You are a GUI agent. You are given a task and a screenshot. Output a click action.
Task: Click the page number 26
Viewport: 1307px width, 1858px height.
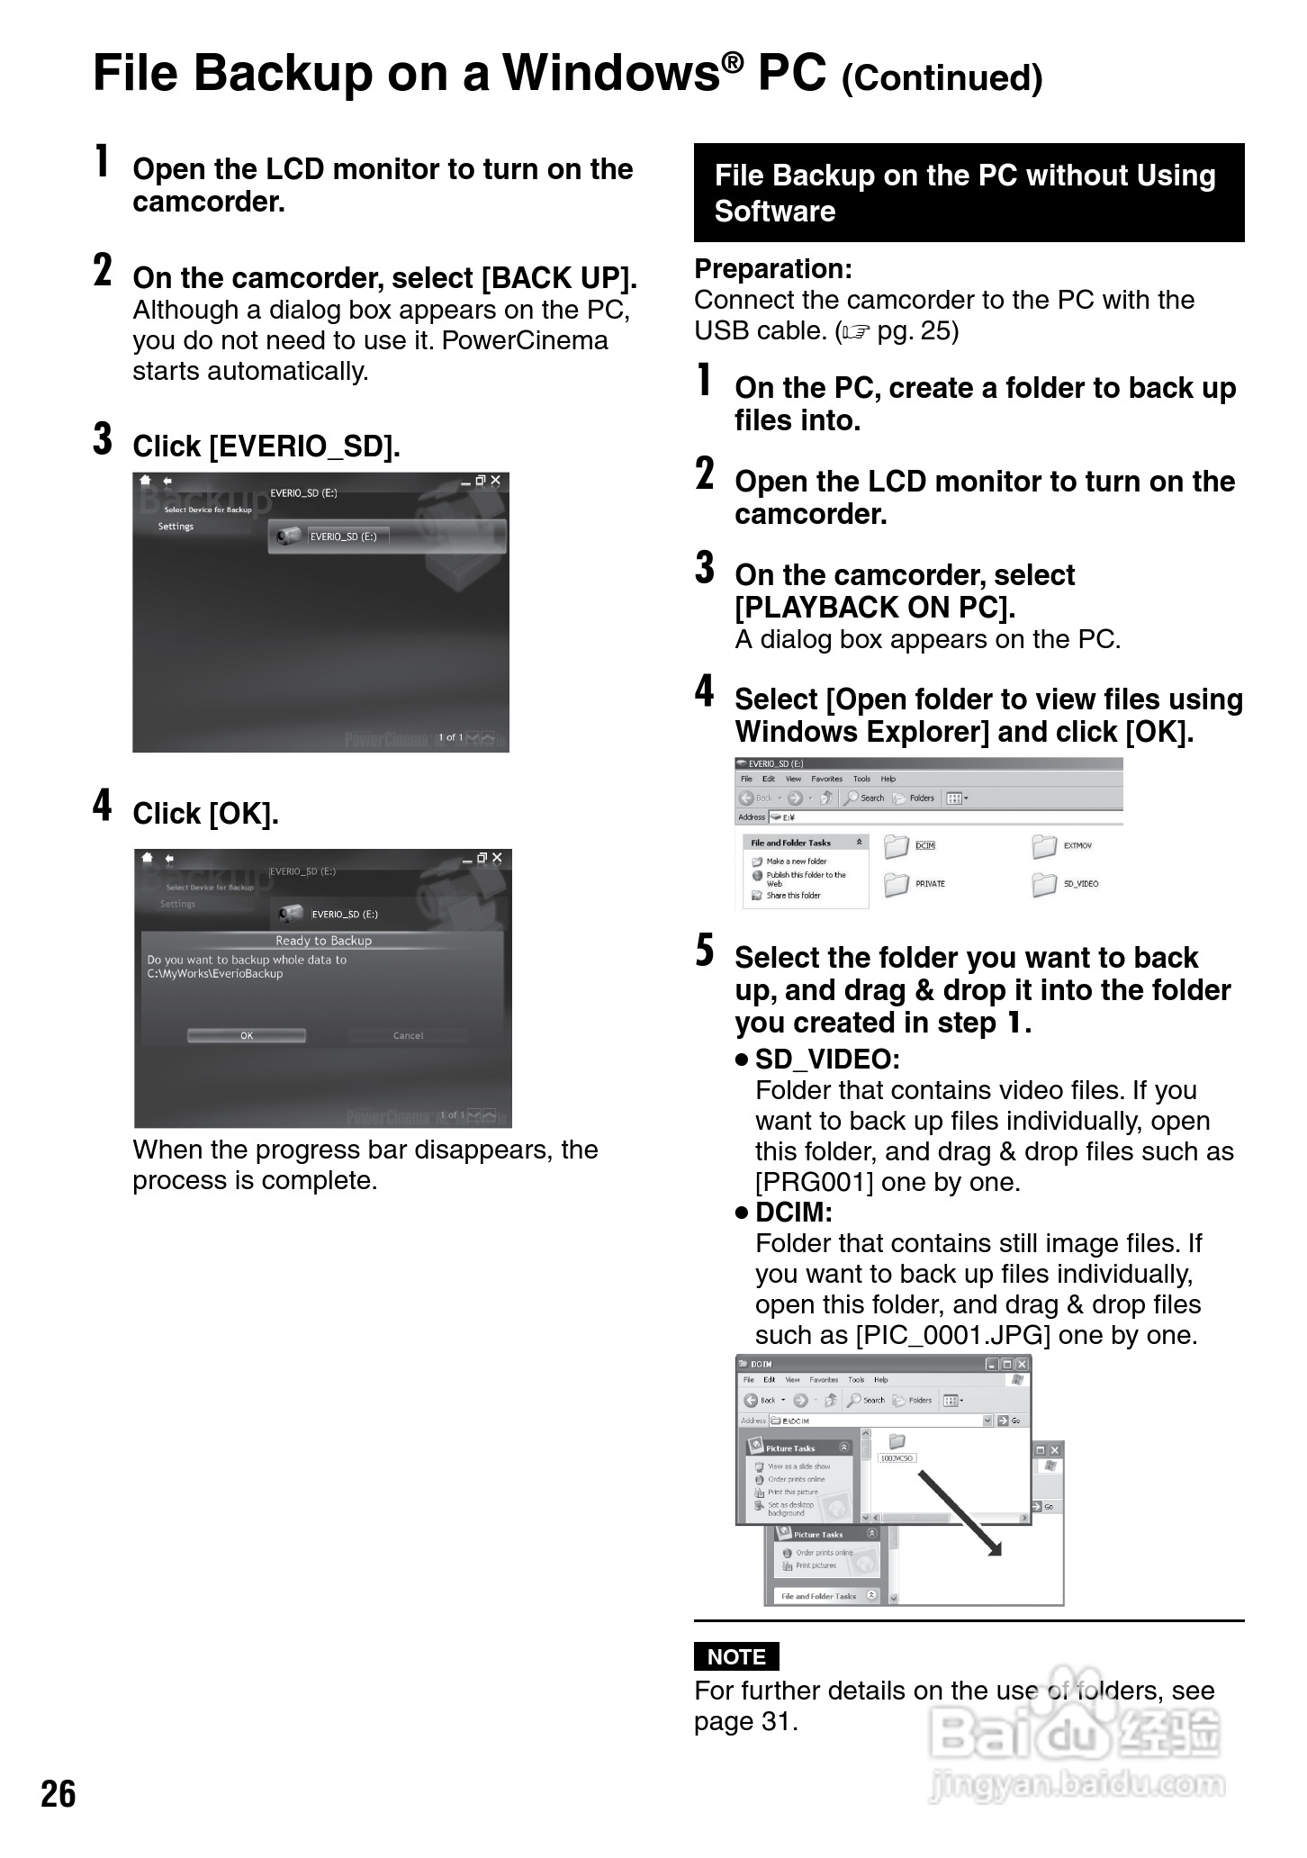point(59,1794)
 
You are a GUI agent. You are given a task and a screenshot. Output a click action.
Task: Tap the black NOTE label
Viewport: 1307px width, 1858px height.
point(736,1656)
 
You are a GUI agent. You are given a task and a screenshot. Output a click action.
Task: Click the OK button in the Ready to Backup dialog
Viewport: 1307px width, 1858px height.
point(247,1035)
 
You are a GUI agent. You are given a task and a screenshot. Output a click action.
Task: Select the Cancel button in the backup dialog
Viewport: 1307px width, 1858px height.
point(408,1035)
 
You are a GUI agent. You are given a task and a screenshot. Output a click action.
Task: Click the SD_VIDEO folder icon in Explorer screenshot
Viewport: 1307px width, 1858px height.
point(1045,884)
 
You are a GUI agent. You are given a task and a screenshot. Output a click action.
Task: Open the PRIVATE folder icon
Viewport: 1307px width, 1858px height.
point(897,884)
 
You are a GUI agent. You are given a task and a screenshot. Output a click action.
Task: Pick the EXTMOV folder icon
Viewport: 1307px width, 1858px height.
point(1045,846)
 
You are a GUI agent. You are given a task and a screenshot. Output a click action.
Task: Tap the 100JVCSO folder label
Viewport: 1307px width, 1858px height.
point(897,1457)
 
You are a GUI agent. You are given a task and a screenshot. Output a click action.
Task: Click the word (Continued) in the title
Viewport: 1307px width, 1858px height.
point(942,77)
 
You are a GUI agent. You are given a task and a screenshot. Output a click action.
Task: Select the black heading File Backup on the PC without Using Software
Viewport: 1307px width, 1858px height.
point(969,193)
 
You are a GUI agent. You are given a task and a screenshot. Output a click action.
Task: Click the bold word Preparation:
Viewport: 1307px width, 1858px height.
point(773,268)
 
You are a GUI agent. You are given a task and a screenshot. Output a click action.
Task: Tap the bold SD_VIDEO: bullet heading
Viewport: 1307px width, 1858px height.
point(827,1059)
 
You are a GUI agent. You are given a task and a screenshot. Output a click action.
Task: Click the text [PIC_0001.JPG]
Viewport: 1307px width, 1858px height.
point(952,1334)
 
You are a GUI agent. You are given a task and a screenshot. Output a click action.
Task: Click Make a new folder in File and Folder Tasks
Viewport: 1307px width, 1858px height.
point(796,861)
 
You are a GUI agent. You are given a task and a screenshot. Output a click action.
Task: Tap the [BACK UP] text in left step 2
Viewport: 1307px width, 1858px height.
point(559,277)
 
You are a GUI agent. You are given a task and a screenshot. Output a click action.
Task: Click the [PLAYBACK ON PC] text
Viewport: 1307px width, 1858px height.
point(875,608)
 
